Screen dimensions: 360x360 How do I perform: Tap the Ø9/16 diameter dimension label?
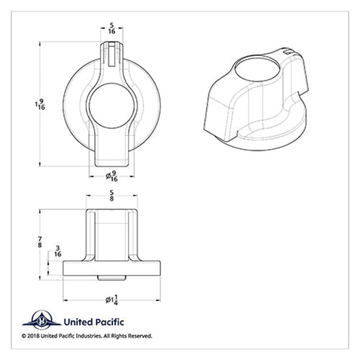tap(112, 176)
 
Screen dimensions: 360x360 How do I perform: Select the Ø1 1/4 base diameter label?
tap(112, 300)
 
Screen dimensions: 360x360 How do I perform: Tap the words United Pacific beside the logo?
tap(93, 322)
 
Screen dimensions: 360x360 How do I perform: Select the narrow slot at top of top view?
tap(112, 54)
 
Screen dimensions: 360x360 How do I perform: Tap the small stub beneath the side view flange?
tap(112, 278)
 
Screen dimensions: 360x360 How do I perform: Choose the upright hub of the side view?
tap(112, 234)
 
